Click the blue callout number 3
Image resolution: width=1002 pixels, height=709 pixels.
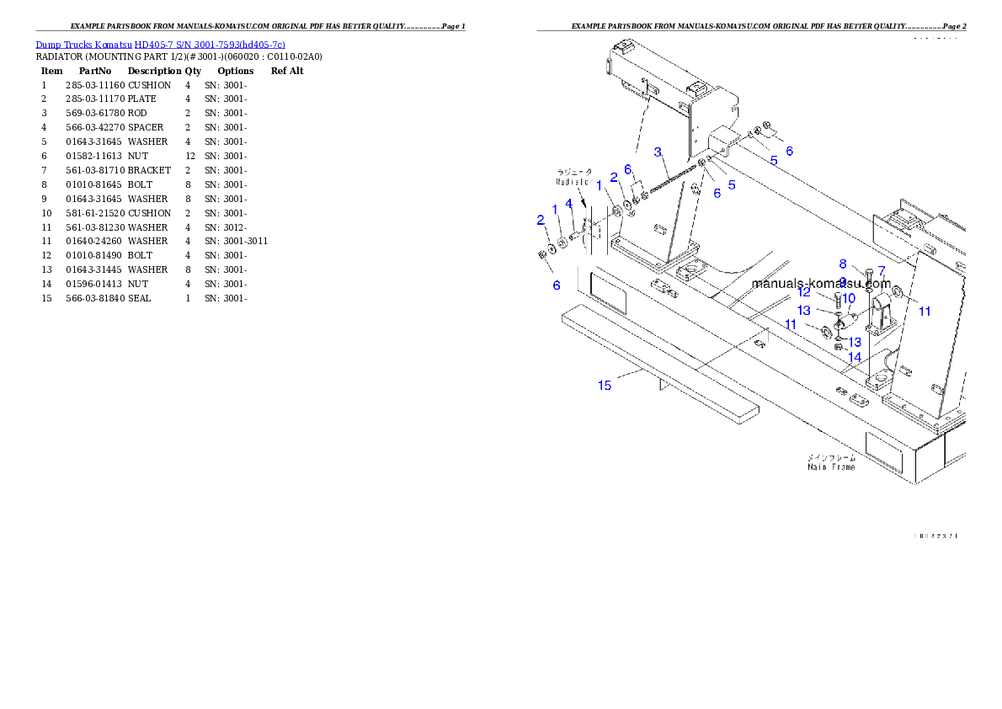click(658, 152)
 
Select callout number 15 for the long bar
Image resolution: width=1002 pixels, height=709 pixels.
click(605, 385)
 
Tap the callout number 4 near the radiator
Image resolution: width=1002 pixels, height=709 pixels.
click(569, 203)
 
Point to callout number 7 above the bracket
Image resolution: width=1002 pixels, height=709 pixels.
click(882, 270)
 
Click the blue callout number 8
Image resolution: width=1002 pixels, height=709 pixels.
click(842, 264)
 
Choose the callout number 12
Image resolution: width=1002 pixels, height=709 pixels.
click(804, 292)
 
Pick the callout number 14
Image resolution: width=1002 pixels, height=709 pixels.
click(855, 357)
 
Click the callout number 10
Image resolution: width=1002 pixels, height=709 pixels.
click(849, 298)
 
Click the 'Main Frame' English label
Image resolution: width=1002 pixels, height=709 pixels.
click(831, 466)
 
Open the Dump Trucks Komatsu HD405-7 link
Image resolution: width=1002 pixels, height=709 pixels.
click(160, 44)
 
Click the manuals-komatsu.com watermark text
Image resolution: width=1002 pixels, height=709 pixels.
click(821, 284)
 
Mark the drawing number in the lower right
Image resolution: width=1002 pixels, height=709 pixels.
click(935, 536)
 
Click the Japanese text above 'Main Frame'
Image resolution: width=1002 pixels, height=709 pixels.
click(831, 457)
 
